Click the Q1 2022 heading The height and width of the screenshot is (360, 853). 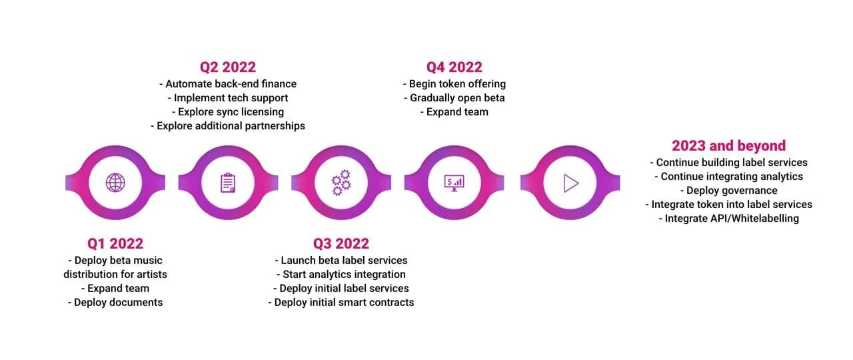coord(115,243)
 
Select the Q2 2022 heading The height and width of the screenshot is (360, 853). coord(228,67)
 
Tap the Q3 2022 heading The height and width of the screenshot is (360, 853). coord(341,243)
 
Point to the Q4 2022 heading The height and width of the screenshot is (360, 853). coord(454,67)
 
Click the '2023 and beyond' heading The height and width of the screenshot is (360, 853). coord(728,145)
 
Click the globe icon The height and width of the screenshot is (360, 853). coord(115,182)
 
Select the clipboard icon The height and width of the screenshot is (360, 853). coord(228,182)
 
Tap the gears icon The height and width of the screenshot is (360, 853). coord(341,182)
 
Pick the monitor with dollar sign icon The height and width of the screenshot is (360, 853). coord(454,182)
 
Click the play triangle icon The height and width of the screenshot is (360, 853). coord(570,182)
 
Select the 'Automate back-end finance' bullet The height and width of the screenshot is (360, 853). coord(228,84)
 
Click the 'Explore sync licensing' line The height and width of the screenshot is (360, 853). coord(228,112)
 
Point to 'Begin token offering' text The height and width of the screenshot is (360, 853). coord(454,84)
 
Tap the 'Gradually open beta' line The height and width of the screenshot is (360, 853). coord(454,98)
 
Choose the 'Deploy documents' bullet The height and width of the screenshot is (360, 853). coord(115,302)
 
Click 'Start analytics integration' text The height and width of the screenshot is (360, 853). coord(341,274)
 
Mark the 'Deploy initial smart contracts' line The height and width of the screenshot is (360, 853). coord(341,302)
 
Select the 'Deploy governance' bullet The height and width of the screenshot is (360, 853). coord(728,191)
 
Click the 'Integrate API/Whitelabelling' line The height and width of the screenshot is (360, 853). coord(728,219)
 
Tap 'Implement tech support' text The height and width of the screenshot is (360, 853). coord(228,98)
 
